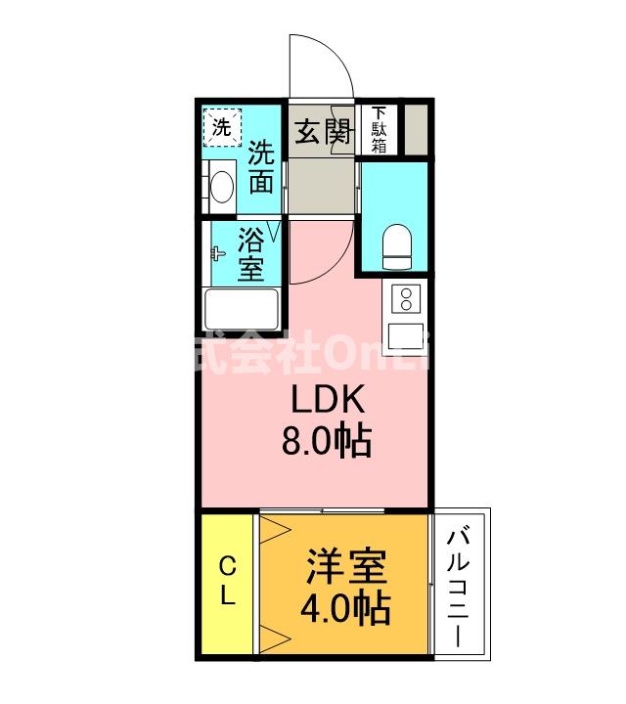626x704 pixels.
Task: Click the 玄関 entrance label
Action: pos(323,132)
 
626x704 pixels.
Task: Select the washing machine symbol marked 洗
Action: pos(221,127)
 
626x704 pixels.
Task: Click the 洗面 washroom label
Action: pos(260,167)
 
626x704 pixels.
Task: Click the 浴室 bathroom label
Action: pos(252,255)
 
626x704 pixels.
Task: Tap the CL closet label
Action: pos(227,582)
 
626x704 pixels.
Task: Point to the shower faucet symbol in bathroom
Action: pos(217,253)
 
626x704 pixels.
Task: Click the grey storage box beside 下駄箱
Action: pos(415,128)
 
